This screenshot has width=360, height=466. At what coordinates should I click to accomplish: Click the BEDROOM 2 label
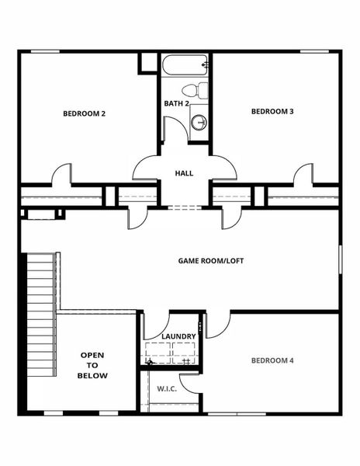click(84, 113)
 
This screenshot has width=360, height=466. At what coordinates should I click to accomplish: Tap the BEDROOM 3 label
click(272, 111)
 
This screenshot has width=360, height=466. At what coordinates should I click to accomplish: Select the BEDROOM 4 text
click(272, 360)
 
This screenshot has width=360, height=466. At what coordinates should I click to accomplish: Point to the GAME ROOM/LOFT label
click(211, 261)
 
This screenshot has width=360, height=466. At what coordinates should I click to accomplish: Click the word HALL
click(184, 174)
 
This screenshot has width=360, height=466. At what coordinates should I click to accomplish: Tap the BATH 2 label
click(177, 103)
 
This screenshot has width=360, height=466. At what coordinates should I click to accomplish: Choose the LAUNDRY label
click(178, 336)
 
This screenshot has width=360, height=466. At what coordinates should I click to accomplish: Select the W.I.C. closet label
click(167, 388)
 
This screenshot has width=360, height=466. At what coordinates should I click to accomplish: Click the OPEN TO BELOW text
click(92, 365)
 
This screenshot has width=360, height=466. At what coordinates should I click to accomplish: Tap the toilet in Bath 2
click(200, 90)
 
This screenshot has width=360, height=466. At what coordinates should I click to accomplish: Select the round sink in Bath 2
click(199, 122)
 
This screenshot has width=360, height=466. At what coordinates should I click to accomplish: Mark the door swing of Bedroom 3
click(303, 174)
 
